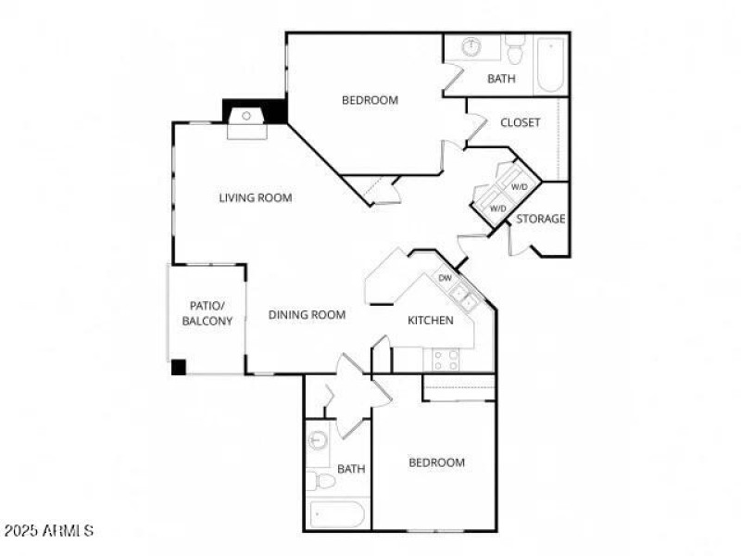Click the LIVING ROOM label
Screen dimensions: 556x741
click(256, 197)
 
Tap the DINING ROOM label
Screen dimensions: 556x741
click(307, 315)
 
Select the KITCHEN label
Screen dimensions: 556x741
click(431, 321)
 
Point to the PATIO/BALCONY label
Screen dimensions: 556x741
click(206, 312)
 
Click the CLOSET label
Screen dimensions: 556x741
click(520, 122)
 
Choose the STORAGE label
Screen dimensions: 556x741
click(540, 219)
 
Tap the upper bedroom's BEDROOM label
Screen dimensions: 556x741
click(370, 100)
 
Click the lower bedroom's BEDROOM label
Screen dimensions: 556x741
click(437, 462)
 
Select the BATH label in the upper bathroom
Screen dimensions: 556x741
click(501, 79)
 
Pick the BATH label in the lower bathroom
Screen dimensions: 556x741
click(351, 469)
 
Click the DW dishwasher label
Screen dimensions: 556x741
click(445, 277)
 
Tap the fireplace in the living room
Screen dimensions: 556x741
click(247, 118)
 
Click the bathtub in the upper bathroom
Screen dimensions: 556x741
click(549, 63)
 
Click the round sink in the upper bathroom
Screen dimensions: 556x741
click(471, 46)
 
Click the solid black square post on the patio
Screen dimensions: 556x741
click(179, 367)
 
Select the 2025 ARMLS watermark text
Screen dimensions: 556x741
click(48, 531)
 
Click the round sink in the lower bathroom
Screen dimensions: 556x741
click(318, 440)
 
